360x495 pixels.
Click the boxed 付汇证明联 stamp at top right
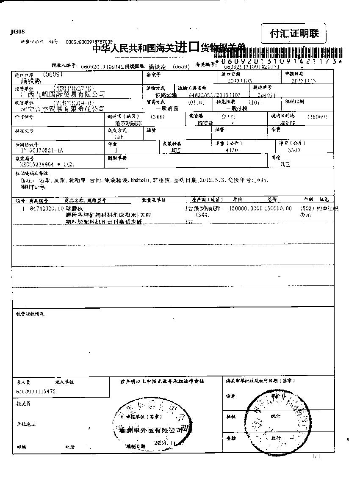[295, 33]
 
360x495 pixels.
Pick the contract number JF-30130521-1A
[42, 150]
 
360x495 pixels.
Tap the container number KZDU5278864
[47, 163]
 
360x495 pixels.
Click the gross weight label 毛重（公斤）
[228, 144]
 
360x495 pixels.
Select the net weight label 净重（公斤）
[292, 144]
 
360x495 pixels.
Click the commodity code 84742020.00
[47, 208]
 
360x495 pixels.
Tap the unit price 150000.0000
[246, 208]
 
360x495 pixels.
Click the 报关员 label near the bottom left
[24, 404]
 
